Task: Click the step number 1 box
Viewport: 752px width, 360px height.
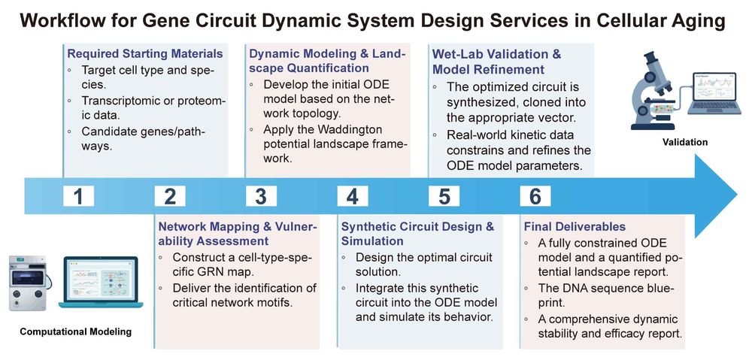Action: [78, 196]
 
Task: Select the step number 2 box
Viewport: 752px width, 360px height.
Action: [169, 196]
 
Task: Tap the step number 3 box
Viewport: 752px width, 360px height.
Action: [261, 196]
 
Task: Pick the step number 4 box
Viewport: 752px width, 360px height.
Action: [352, 196]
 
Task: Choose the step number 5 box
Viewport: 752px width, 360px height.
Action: [444, 196]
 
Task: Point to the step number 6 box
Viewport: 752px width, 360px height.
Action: [535, 196]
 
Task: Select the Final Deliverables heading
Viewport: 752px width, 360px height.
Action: [574, 226]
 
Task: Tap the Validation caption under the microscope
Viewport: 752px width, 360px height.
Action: [684, 141]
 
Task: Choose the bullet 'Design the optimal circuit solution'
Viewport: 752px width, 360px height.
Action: [417, 265]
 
